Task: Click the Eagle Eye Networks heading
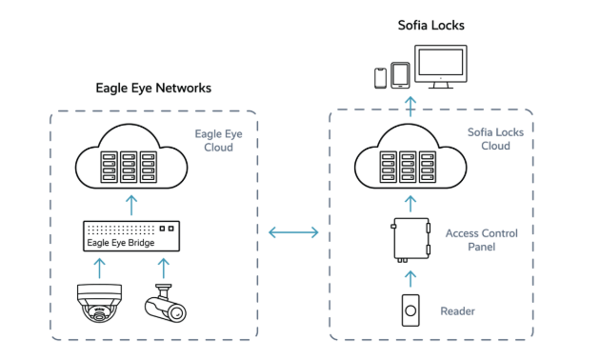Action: coord(153,89)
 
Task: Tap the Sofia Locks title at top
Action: coord(431,26)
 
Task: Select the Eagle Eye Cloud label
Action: coord(218,140)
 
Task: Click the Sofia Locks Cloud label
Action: coord(495,139)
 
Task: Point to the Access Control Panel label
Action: coord(481,240)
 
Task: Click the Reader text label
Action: coord(457,311)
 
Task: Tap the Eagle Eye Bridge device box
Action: coord(131,236)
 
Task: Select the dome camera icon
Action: coord(99,303)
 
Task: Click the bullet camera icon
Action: coord(166,303)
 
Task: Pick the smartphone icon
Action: coord(380,78)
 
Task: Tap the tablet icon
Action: coord(400,75)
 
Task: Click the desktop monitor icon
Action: coord(441,67)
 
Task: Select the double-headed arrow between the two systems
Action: coord(293,232)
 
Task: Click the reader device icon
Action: coord(410,310)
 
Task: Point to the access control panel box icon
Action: coord(410,240)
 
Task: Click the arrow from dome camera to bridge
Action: coord(99,269)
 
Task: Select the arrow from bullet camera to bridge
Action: coord(164,269)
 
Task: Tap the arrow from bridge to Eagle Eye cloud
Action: coord(131,206)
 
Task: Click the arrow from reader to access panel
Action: coord(410,279)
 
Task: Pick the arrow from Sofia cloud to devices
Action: coord(410,107)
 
